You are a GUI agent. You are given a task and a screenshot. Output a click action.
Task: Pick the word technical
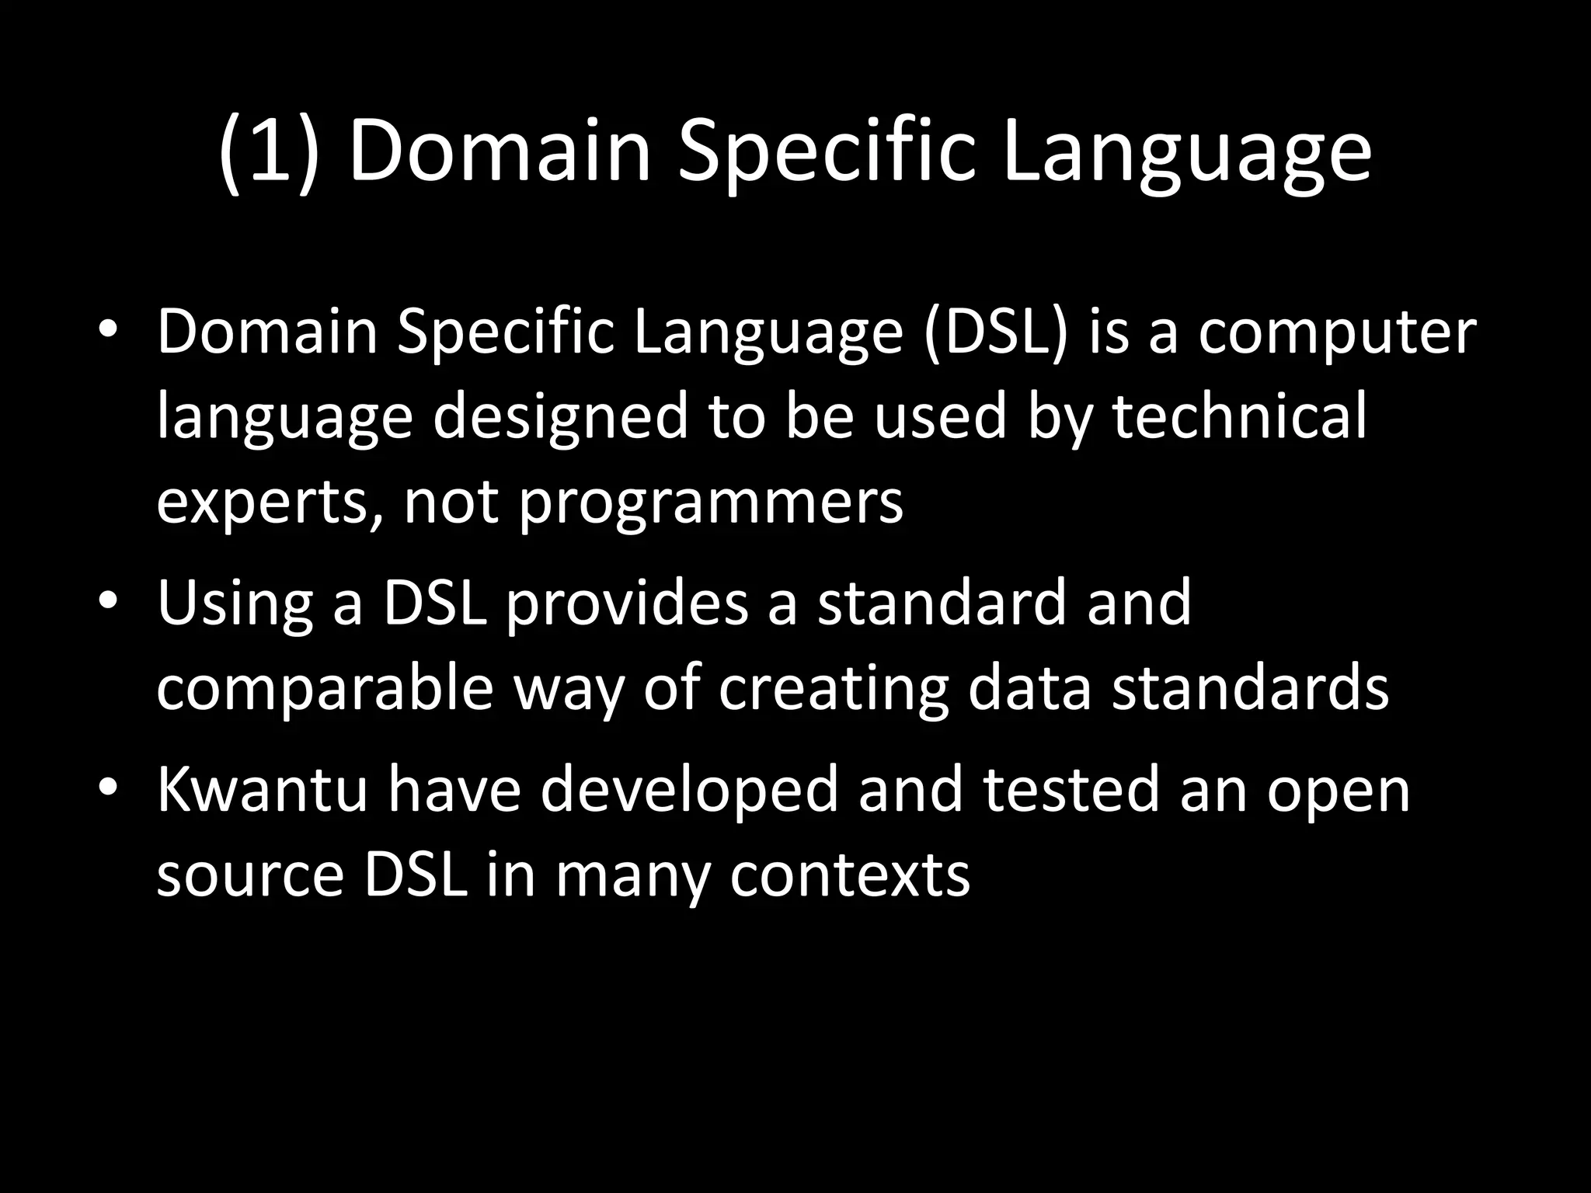[x=1239, y=416]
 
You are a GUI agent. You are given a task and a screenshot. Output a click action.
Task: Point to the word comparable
[x=325, y=690]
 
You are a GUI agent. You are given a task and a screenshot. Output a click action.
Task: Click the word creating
[x=833, y=690]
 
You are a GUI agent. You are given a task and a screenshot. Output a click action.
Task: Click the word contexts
[x=850, y=876]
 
